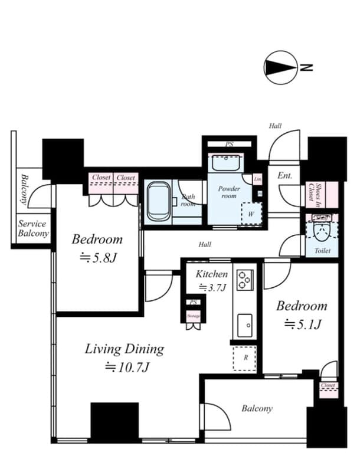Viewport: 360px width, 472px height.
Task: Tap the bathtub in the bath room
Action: coord(158,202)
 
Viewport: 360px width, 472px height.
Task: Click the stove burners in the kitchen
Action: coord(245,279)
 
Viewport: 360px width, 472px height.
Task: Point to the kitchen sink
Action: coord(244,323)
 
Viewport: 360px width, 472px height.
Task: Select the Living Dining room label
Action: coord(125,349)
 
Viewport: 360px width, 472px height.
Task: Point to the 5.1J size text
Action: coord(302,324)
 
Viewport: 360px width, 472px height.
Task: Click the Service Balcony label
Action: coord(32,229)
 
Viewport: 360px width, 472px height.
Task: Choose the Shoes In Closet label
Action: coord(314,192)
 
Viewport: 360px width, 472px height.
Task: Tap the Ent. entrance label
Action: coord(285,175)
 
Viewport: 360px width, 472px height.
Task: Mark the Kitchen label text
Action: coord(211,274)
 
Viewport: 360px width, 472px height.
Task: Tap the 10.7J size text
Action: coord(127,367)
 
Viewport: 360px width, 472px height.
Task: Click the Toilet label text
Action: coord(322,251)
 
